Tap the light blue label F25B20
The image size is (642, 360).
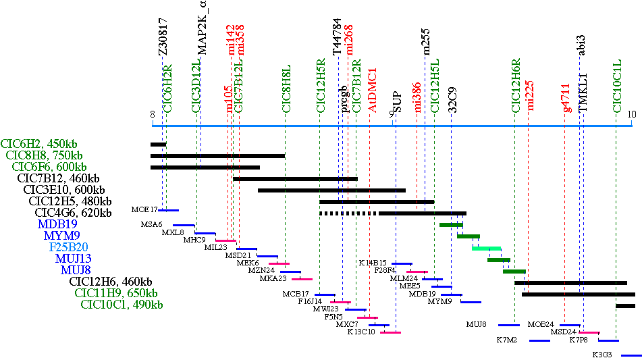click(68, 247)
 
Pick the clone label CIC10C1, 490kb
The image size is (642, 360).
click(122, 305)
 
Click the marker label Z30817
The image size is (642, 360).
click(163, 42)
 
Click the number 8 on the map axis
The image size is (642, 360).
click(153, 114)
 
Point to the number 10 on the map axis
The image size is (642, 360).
click(632, 114)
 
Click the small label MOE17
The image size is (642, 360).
click(144, 210)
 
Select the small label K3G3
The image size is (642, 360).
click(602, 355)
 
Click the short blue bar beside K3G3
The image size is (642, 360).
click(631, 355)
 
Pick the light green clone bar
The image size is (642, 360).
click(486, 248)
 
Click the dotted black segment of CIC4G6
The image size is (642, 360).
click(348, 213)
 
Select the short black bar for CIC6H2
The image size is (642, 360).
click(158, 144)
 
